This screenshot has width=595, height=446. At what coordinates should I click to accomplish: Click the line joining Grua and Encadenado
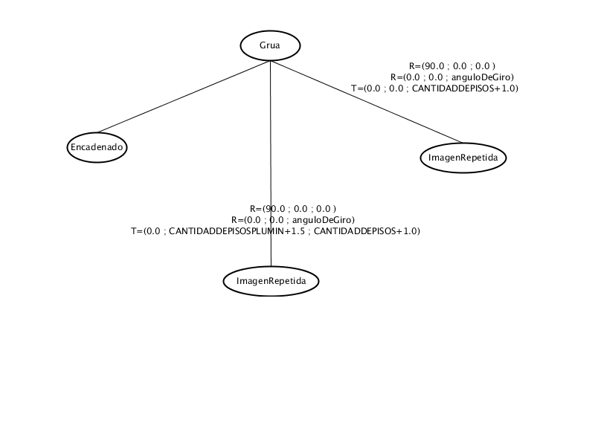(x=184, y=97)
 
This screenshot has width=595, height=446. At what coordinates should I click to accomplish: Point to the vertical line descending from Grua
(x=271, y=163)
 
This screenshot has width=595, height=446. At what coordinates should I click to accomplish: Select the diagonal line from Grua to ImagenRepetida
(x=367, y=102)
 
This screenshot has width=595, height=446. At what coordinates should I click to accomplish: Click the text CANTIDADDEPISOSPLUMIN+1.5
(x=237, y=231)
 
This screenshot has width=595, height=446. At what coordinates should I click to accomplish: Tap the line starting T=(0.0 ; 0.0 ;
(x=434, y=88)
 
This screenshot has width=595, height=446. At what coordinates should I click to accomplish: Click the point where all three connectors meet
(x=270, y=61)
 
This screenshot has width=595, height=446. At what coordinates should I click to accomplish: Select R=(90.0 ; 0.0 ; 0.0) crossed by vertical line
(x=293, y=209)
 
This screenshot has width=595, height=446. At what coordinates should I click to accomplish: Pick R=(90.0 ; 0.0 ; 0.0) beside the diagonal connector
(x=452, y=66)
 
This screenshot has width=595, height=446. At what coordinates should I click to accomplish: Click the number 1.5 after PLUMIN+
(x=298, y=231)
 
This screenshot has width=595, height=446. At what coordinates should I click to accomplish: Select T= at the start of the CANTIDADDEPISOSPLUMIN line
(x=137, y=231)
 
